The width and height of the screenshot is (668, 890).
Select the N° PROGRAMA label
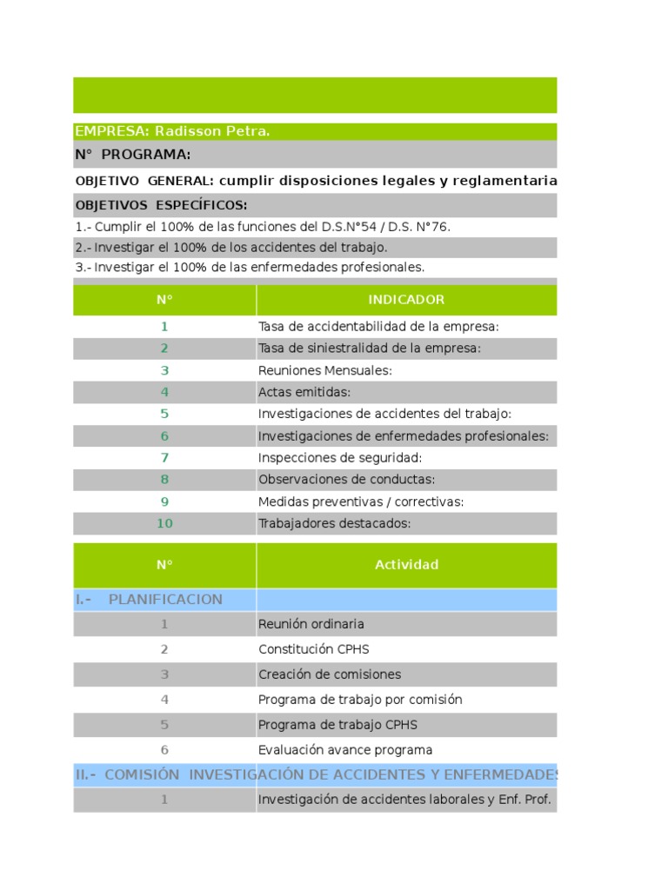tap(133, 155)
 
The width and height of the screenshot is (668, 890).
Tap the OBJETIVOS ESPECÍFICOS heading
tap(162, 205)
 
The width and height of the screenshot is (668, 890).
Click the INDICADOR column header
tap(406, 300)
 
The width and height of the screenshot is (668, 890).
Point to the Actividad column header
tap(406, 565)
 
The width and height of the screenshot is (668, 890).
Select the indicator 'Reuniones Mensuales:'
tap(325, 370)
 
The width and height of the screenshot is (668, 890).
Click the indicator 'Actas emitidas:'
tap(304, 392)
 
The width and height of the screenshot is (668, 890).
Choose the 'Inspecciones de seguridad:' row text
tap(340, 458)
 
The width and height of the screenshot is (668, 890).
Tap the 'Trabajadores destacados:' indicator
tap(334, 523)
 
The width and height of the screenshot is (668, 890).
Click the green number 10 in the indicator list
tap(164, 523)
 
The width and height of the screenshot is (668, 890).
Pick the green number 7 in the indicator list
tap(164, 458)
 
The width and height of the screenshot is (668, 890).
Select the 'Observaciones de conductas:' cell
tap(347, 480)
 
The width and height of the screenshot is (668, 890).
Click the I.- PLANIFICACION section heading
tap(150, 600)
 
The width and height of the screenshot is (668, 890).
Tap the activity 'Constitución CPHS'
tap(308, 649)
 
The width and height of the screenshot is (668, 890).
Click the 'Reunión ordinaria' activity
tap(311, 624)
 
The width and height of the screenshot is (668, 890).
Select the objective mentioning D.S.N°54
tap(264, 227)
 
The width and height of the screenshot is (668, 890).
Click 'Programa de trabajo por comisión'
tap(360, 700)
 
